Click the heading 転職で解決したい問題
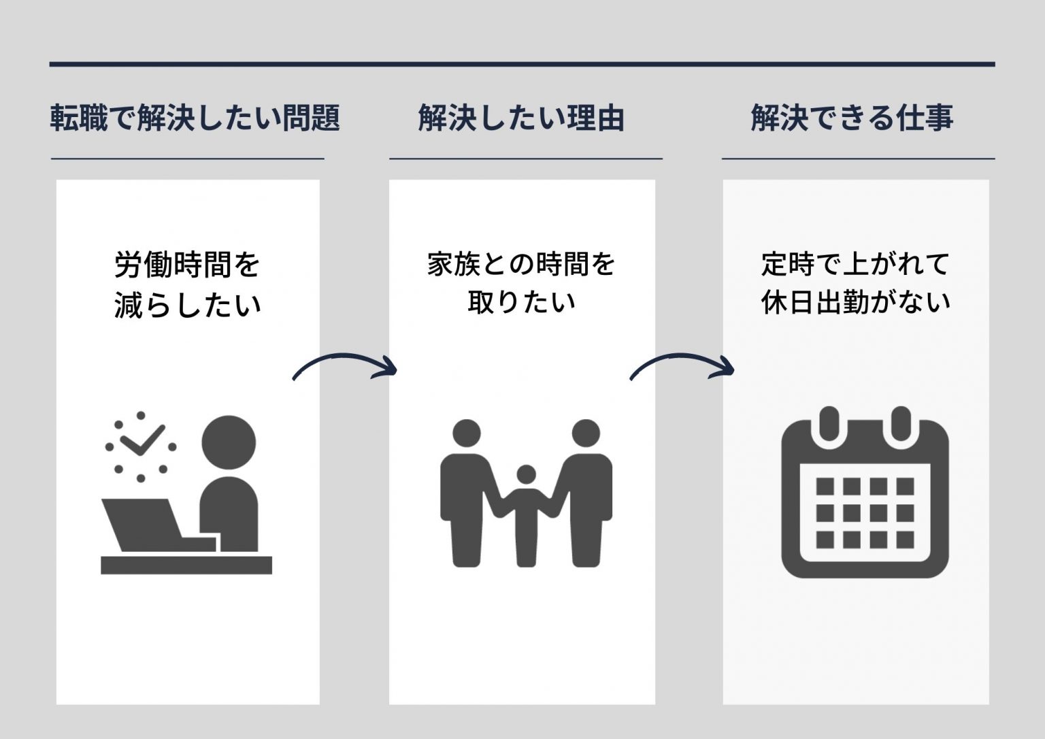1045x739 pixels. [x=195, y=118]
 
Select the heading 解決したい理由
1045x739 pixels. [x=521, y=118]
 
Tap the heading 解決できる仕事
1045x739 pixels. [x=852, y=118]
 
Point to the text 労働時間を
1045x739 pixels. [x=187, y=265]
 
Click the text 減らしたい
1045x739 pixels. [x=187, y=304]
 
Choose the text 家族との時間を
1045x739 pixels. [x=521, y=264]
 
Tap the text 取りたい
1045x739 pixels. [x=521, y=302]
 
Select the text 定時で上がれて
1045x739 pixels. [x=855, y=264]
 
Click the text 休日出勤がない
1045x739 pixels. [x=855, y=302]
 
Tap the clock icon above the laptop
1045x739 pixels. [x=141, y=446]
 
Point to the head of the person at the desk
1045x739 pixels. [x=229, y=442]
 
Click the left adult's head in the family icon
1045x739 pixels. [x=466, y=433]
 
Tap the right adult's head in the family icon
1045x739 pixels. [x=586, y=433]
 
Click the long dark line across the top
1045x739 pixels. [x=522, y=65]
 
